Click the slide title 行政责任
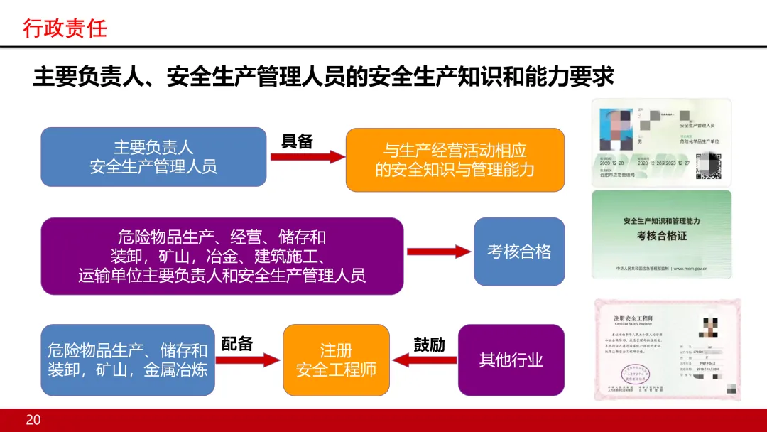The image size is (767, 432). click(65, 28)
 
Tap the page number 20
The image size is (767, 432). click(33, 420)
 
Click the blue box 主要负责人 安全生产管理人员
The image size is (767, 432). click(153, 157)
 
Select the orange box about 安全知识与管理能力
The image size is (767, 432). click(455, 160)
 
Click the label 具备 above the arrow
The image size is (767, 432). click(297, 141)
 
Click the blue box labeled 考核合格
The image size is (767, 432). click(518, 252)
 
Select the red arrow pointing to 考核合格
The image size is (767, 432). click(439, 252)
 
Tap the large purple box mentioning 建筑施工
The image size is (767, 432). click(222, 256)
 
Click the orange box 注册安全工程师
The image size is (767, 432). click(336, 360)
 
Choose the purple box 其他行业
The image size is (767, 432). click(511, 360)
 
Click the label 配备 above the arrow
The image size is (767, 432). click(237, 344)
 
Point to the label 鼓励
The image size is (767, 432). click(429, 345)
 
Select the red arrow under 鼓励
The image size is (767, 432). click(424, 360)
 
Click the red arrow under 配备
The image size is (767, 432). click(248, 360)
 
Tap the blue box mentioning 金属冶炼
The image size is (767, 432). click(128, 360)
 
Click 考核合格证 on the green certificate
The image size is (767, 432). click(661, 235)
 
